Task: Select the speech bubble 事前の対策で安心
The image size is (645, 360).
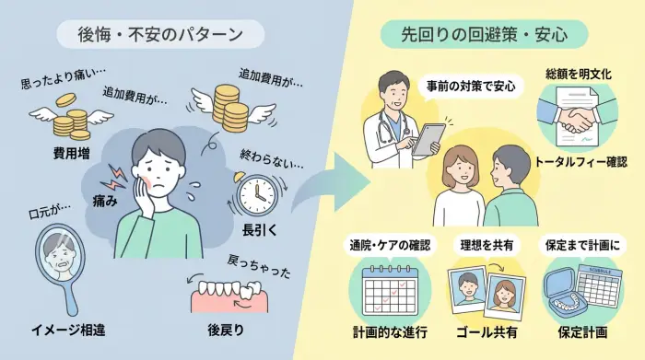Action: point(471,88)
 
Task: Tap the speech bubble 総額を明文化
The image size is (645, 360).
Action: point(576,74)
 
